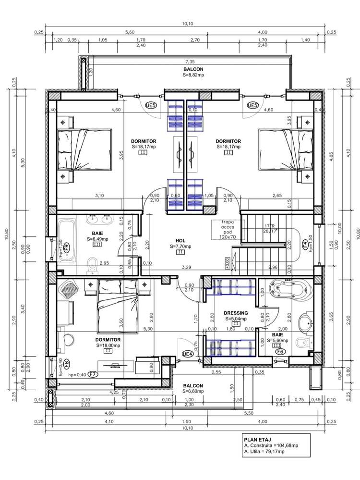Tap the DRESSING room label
coord(236,313)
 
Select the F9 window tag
coord(67,247)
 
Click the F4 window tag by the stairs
coord(304,244)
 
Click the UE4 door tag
coord(188,354)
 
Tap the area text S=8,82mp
coord(192,75)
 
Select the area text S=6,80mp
coord(192,392)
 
